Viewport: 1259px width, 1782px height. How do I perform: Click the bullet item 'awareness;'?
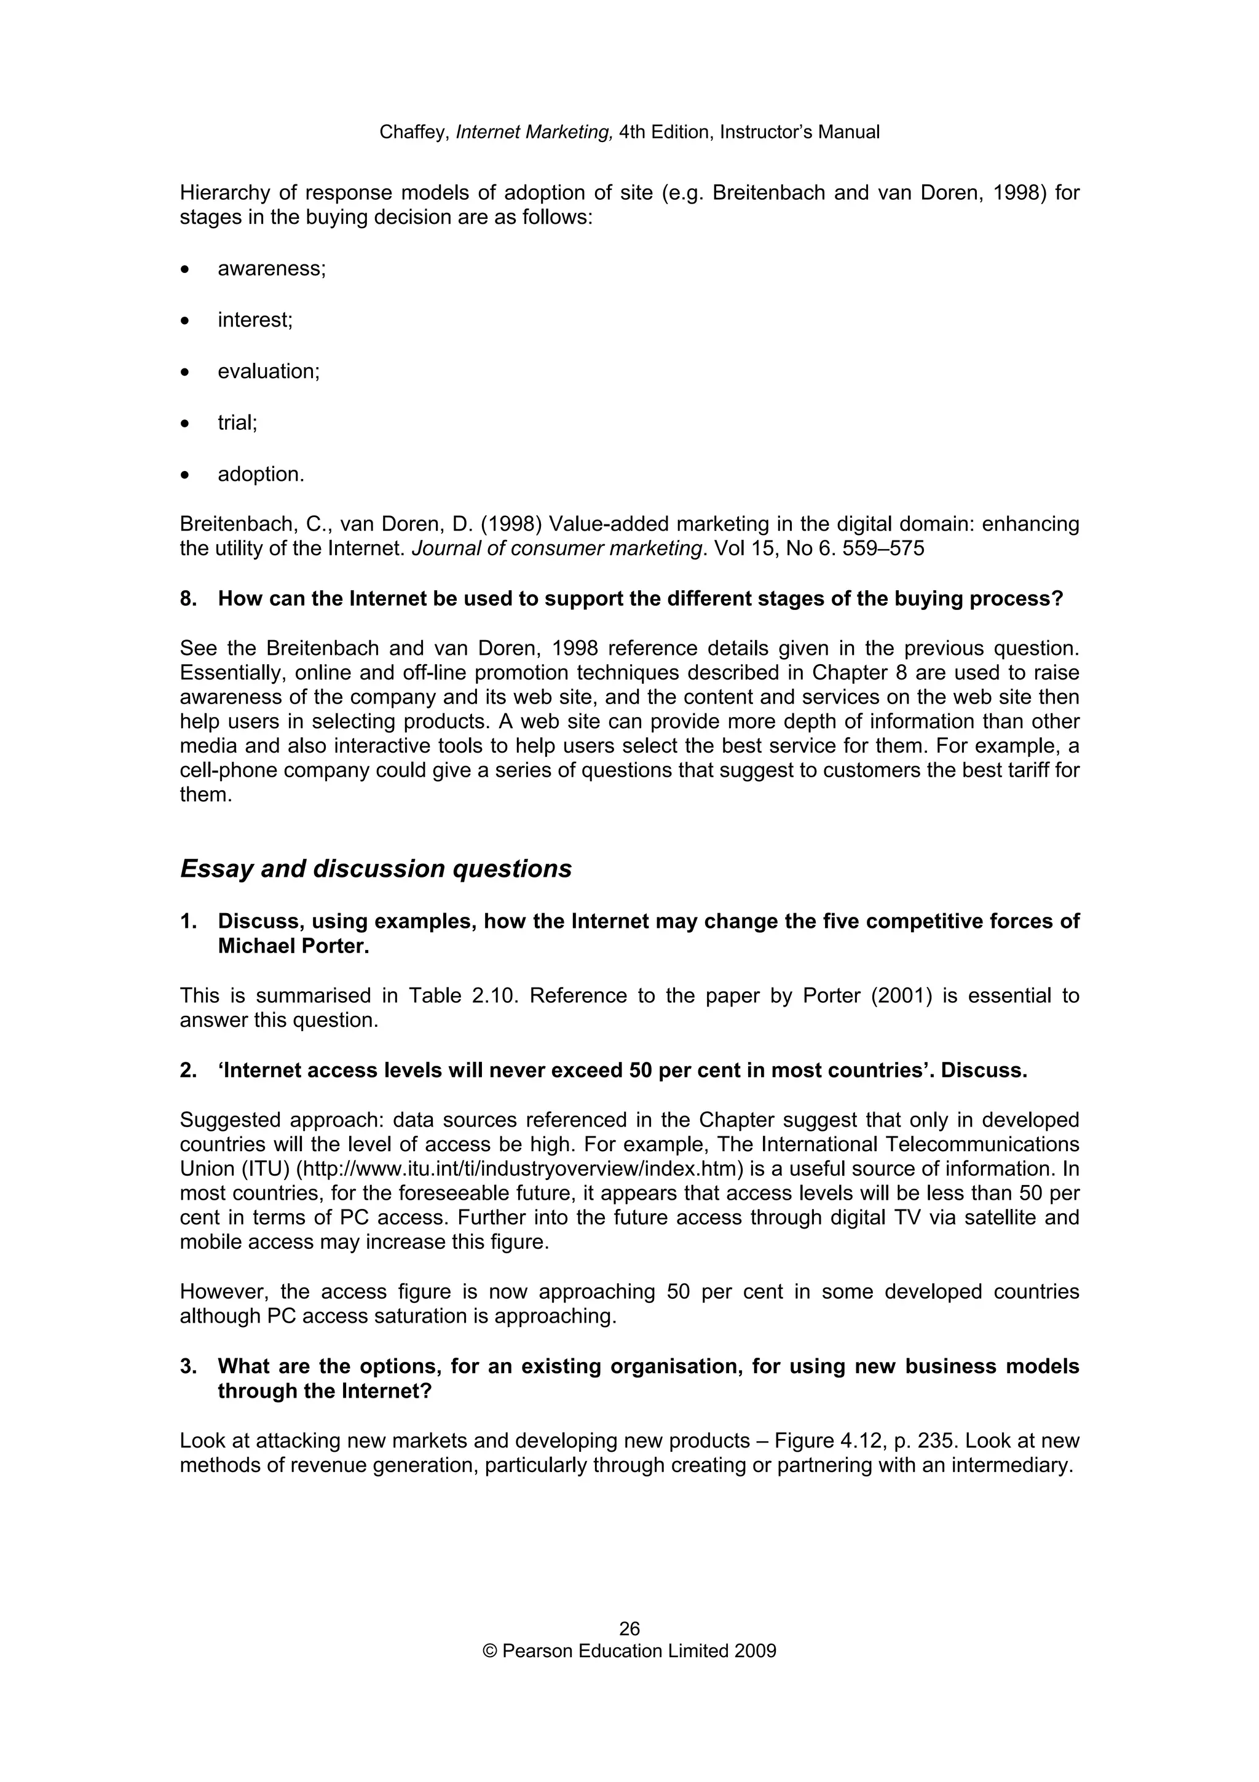[x=272, y=269]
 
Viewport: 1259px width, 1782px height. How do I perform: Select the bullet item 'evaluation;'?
[x=269, y=372]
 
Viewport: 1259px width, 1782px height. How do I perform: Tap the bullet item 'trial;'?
[x=237, y=423]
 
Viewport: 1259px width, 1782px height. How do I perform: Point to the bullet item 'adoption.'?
[x=261, y=474]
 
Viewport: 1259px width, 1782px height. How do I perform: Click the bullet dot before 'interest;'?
[x=184, y=320]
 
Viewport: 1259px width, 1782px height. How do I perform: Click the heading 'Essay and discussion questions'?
[x=376, y=868]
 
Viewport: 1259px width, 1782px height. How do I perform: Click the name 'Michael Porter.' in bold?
[x=293, y=947]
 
